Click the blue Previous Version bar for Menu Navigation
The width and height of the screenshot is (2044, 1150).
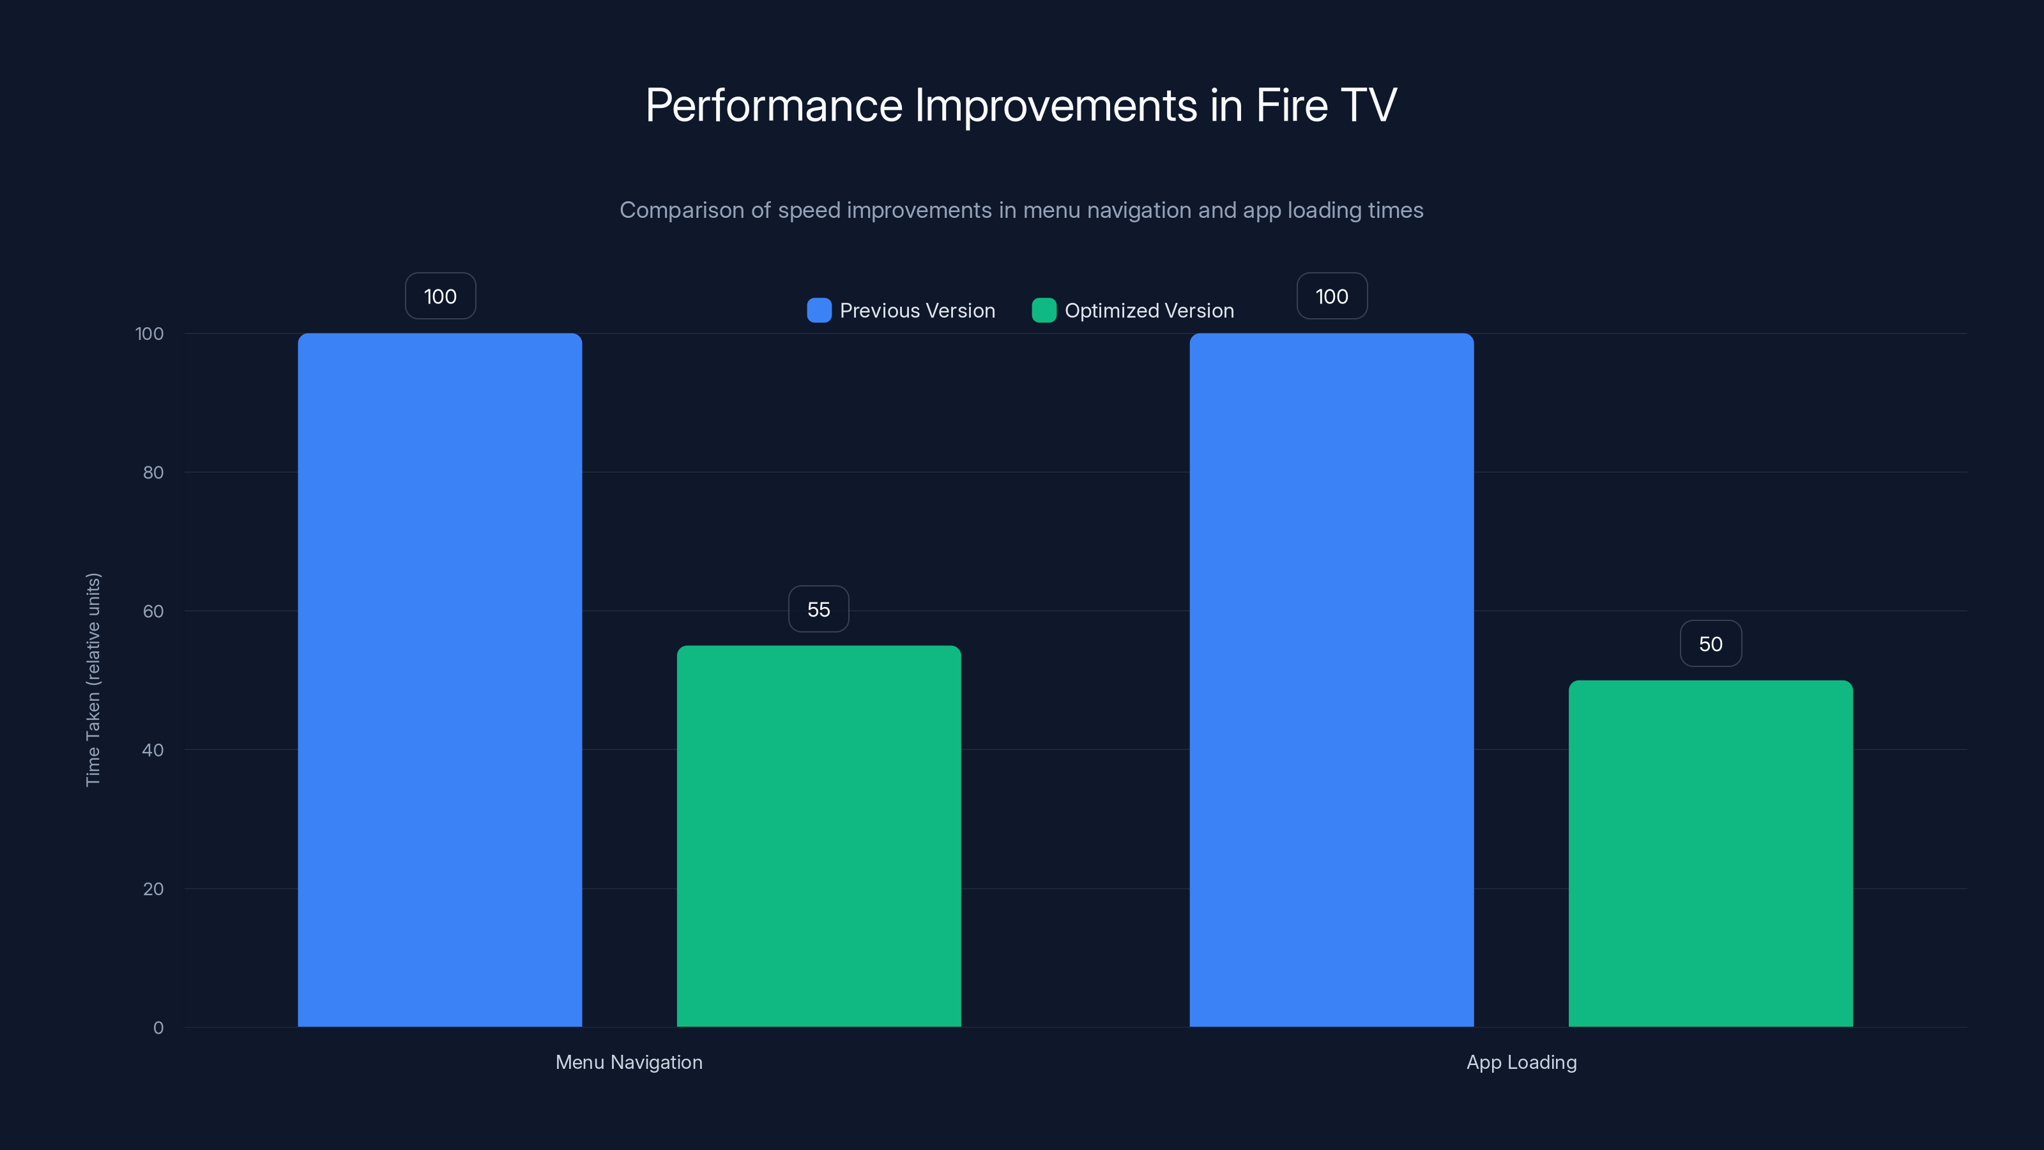tap(439, 679)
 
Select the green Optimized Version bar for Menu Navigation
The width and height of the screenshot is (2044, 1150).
tap(818, 836)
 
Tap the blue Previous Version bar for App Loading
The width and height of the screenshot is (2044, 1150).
tap(1331, 679)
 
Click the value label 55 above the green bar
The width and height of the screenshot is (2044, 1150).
tap(818, 609)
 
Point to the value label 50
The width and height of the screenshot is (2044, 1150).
tap(1710, 643)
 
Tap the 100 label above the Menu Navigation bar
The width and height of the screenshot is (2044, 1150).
tap(440, 296)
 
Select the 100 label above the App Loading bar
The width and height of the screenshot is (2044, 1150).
tap(1331, 296)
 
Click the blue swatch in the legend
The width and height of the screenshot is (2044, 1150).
tap(819, 310)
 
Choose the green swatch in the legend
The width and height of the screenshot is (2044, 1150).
tap(1044, 310)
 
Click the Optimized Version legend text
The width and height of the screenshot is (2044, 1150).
tap(1149, 310)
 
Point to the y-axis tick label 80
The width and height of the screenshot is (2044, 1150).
tap(153, 472)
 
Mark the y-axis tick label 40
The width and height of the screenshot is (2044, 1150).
tap(153, 750)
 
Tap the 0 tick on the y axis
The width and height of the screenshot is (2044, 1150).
tap(158, 1028)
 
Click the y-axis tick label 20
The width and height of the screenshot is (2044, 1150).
tap(153, 889)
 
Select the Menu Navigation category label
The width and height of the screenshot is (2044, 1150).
tap(629, 1062)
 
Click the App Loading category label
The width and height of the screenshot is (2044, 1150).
tap(1521, 1062)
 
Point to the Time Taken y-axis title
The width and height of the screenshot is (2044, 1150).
tap(93, 679)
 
